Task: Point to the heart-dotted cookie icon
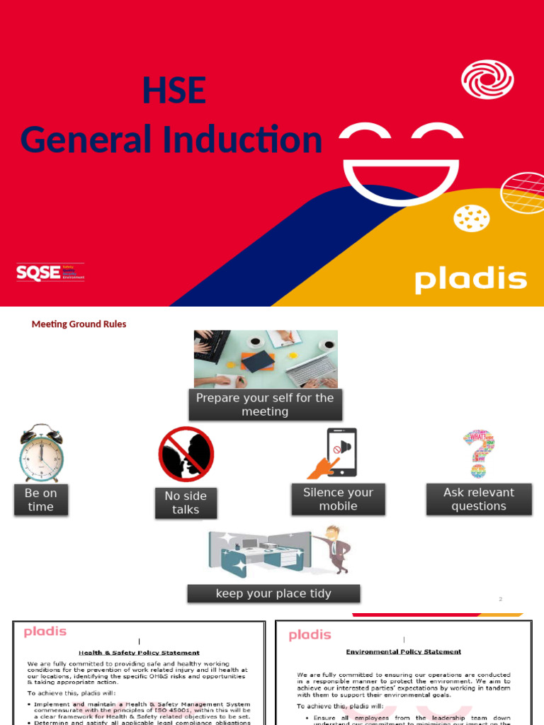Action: (471, 219)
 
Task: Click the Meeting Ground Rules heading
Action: (79, 324)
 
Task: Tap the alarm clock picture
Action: (40, 452)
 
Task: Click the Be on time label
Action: (40, 500)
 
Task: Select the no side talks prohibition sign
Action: (186, 454)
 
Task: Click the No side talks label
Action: (186, 503)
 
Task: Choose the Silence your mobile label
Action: (338, 499)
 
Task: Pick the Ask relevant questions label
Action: (479, 499)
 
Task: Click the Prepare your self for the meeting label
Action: (265, 405)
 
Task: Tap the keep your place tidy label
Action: (273, 593)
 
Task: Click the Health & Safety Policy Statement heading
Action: (139, 652)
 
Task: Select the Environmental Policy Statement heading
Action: (403, 651)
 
